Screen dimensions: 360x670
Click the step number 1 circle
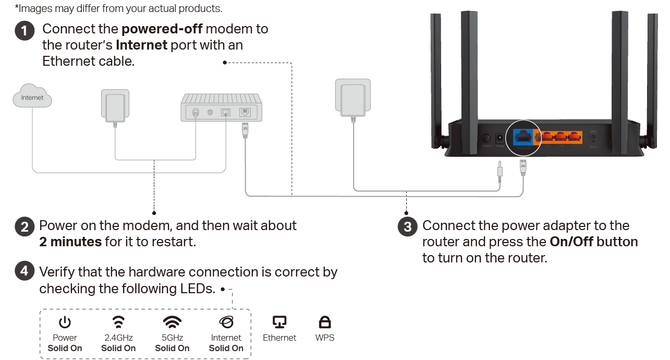pos(25,30)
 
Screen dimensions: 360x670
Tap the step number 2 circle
pos(25,227)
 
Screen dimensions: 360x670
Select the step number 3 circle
pos(408,227)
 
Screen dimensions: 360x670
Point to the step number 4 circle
pos(25,272)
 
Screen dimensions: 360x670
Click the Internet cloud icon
pos(32,96)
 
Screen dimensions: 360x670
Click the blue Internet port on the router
pos(523,137)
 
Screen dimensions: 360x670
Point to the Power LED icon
pos(65,322)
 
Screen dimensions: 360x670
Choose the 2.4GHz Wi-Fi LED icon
pos(119,321)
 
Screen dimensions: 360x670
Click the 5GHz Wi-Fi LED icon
pos(172,321)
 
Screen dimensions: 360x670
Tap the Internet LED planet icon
pos(226,321)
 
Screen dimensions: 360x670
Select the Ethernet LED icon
pos(279,322)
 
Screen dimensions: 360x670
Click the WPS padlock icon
pos(325,322)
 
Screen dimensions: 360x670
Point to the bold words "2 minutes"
pos(70,242)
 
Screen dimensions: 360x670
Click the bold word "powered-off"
pos(162,29)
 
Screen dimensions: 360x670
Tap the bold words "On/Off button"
pos(594,242)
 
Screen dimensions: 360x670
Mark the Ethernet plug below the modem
pos(245,129)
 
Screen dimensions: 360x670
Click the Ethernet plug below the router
pos(523,167)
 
